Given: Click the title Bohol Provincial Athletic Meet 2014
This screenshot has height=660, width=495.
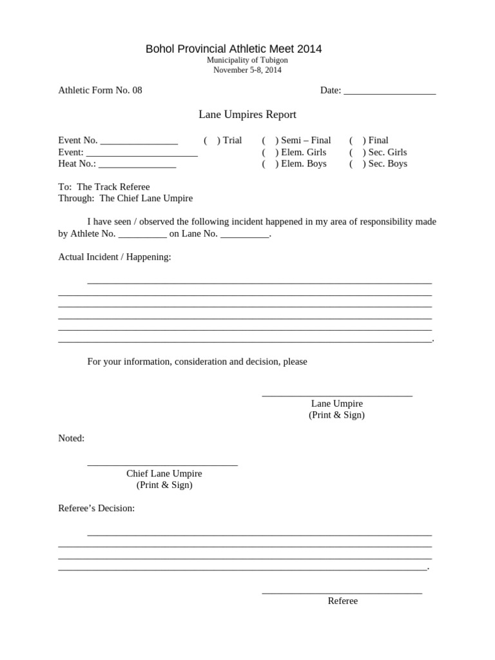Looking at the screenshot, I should coord(233,49).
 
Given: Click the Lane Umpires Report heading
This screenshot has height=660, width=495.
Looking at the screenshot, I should coord(247,115).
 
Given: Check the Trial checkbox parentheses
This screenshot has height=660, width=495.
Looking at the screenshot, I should coord(211,141).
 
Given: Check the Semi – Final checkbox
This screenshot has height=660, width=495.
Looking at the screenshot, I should coord(269,141).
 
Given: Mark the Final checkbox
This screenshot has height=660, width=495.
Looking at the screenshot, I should coord(357,141).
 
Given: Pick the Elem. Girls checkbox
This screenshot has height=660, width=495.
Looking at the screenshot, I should coord(269,152).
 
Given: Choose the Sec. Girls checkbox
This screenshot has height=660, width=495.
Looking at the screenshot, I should coord(357,152).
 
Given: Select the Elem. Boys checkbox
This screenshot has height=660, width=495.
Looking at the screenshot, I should coord(269,164).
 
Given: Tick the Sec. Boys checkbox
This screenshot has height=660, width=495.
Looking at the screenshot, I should coord(357,164).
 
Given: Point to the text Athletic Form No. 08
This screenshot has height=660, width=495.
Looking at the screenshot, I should coord(100,90).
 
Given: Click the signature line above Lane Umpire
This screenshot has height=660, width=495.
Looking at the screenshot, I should coord(336,394).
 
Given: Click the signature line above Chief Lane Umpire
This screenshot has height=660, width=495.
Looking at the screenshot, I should coord(162,464).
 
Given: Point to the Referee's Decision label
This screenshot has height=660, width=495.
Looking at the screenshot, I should coord(97,509).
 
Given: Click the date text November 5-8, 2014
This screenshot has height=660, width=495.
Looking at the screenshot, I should coord(247,70).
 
